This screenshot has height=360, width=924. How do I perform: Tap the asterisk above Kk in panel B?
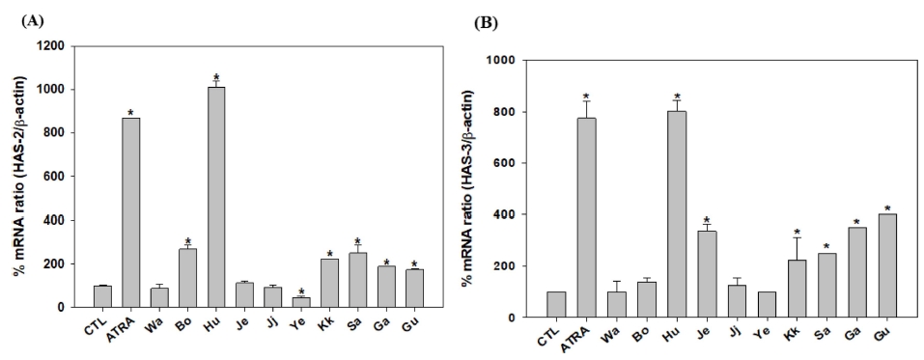point(796,232)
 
